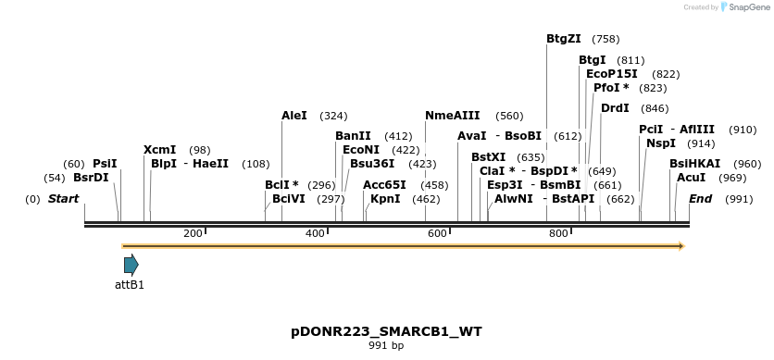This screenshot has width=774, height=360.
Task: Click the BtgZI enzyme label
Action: (563, 39)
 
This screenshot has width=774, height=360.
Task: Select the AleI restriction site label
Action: (293, 116)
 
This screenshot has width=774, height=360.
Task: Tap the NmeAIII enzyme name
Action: (452, 116)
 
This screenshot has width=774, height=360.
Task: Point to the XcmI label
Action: (159, 150)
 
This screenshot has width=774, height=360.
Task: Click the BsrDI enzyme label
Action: (91, 178)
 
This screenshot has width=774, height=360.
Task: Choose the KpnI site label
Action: (385, 198)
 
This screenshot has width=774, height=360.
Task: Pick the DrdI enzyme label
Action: (615, 108)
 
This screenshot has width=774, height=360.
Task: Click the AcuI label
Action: (691, 178)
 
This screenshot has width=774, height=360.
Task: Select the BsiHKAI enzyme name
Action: (694, 164)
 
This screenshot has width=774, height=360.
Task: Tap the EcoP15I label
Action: (612, 74)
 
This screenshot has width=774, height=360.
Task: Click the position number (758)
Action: (605, 39)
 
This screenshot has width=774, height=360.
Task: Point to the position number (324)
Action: (333, 116)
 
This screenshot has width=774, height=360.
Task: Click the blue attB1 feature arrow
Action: (131, 265)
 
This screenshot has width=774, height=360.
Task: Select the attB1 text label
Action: (130, 285)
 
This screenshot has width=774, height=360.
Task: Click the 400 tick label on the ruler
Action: (316, 233)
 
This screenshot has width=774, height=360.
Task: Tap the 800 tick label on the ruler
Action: (558, 233)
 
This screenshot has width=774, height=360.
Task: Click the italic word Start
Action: (63, 199)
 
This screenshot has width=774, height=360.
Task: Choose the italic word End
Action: (700, 199)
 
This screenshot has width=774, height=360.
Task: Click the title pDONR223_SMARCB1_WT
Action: (386, 330)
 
